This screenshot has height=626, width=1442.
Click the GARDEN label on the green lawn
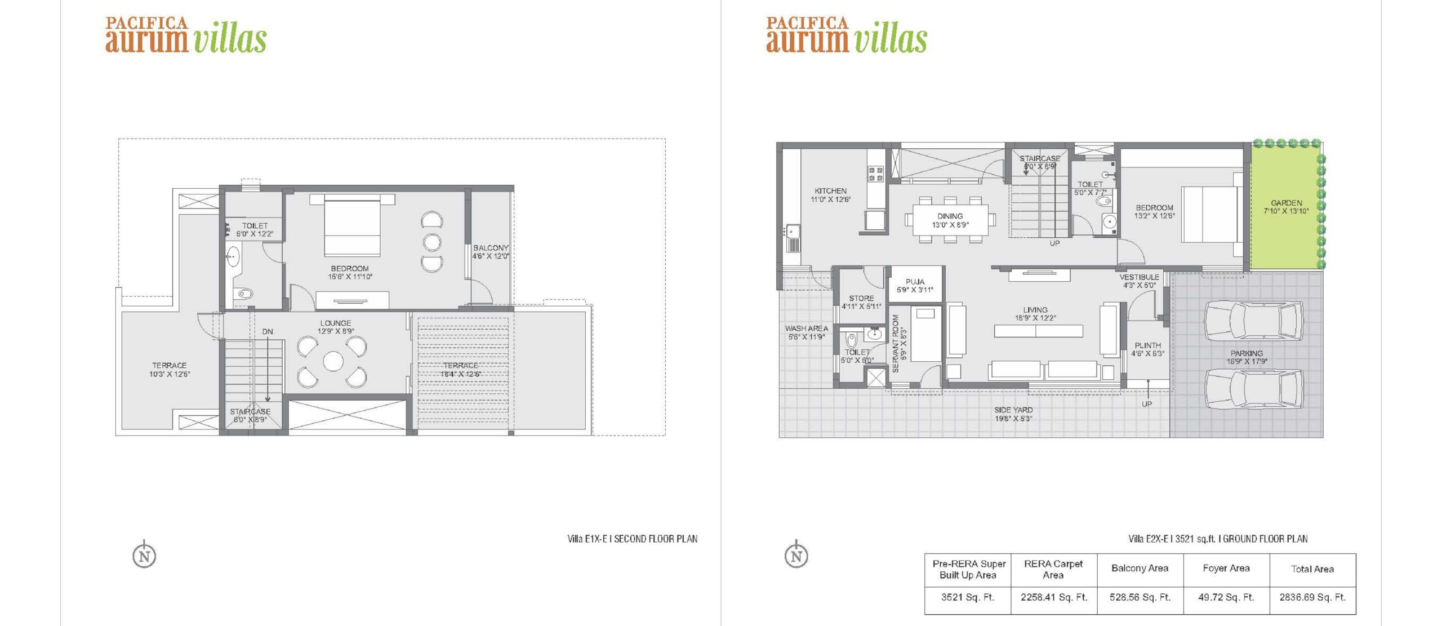click(x=1286, y=203)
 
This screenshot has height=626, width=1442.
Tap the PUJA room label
click(x=915, y=282)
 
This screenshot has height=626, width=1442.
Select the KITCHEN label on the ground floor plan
click(x=830, y=191)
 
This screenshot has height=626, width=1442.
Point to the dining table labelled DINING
click(x=950, y=220)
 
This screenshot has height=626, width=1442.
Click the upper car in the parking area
click(x=1254, y=321)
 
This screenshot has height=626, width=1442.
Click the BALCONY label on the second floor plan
click(x=491, y=248)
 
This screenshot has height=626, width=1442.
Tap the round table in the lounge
click(x=333, y=361)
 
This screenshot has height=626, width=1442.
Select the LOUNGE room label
click(x=336, y=323)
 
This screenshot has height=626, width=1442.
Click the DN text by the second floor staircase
click(x=268, y=332)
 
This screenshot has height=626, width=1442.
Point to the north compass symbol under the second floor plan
click(x=145, y=555)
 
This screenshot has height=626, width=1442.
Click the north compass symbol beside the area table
click(x=796, y=555)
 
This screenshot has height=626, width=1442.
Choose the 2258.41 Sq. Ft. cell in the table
click(x=1053, y=597)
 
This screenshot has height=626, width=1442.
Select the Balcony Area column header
click(x=1140, y=569)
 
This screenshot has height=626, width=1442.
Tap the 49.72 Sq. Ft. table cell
click(x=1226, y=597)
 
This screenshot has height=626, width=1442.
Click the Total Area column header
click(x=1312, y=569)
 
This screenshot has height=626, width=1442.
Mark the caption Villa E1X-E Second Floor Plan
click(x=632, y=539)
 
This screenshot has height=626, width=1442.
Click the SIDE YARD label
click(x=1013, y=410)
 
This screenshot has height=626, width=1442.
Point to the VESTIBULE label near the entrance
click(x=1139, y=277)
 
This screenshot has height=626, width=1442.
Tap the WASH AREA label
click(x=806, y=328)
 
